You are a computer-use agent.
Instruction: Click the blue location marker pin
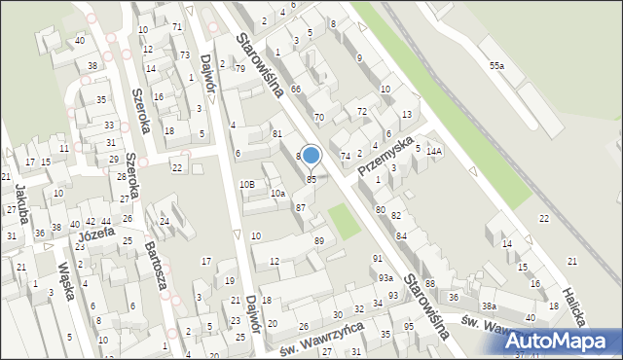coord(311,156)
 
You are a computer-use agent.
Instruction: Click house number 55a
coord(496,65)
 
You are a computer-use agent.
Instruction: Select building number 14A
coord(433,151)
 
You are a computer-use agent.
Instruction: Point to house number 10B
coord(247,184)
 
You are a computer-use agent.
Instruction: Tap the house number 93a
coord(385,278)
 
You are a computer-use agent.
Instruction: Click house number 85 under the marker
coord(311,179)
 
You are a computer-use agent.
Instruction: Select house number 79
coord(239,69)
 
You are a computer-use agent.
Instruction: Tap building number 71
coord(176,26)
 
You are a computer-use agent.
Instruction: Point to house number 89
coord(319,240)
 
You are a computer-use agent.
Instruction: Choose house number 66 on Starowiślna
coord(295,89)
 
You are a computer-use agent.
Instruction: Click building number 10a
coord(277,194)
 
